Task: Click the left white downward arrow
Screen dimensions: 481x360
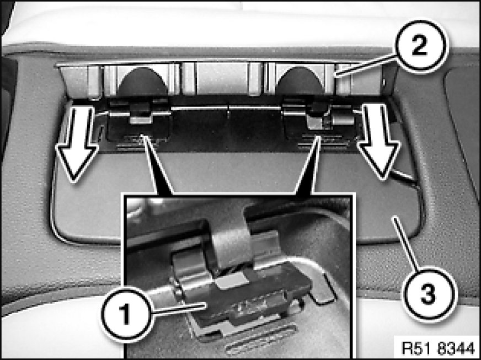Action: pyautogui.click(x=77, y=143)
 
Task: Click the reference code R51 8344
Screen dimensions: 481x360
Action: pyautogui.click(x=438, y=349)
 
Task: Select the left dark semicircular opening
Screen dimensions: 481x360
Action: pyautogui.click(x=143, y=81)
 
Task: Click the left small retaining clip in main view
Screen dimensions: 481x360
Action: pyautogui.click(x=141, y=113)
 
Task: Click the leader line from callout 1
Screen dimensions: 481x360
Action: pyautogui.click(x=179, y=308)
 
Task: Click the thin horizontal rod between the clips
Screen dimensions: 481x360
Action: pyautogui.click(x=228, y=108)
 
